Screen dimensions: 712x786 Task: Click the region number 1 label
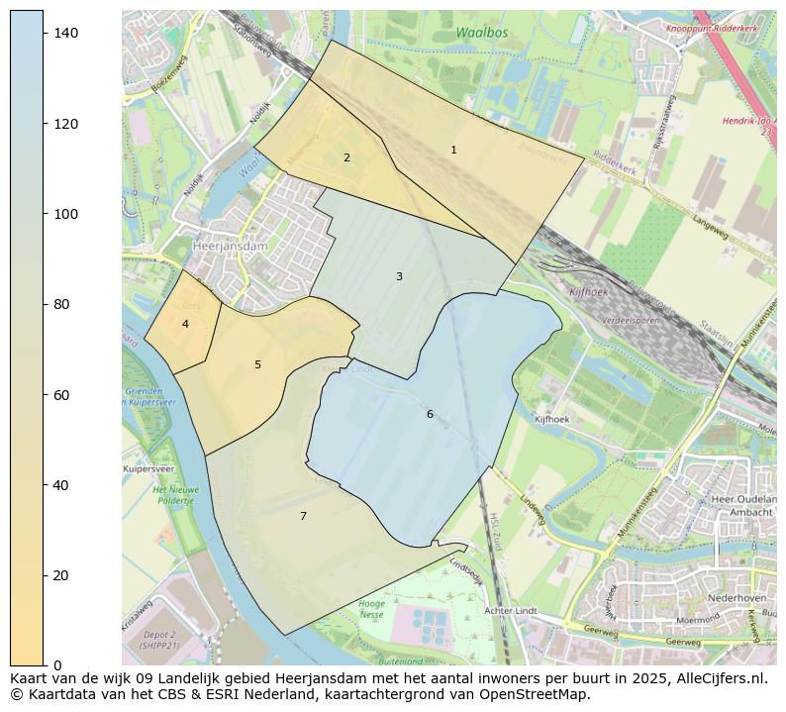click(453, 151)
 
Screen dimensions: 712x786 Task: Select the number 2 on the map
click(346, 157)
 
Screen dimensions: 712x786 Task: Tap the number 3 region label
click(399, 276)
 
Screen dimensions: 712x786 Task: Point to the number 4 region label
click(185, 324)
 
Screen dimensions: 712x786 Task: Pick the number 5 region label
click(257, 364)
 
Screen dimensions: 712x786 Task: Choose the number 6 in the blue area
click(430, 414)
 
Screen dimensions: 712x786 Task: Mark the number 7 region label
click(303, 516)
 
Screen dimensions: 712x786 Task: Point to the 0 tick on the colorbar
click(57, 665)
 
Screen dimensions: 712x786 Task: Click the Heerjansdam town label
click(203, 247)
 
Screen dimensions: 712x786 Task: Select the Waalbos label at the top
click(482, 34)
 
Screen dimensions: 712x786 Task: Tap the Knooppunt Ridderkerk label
click(712, 30)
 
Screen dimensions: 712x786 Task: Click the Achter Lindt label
click(511, 611)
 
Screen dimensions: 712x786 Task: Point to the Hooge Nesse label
click(371, 609)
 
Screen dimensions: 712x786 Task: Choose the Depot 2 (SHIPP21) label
click(158, 640)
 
